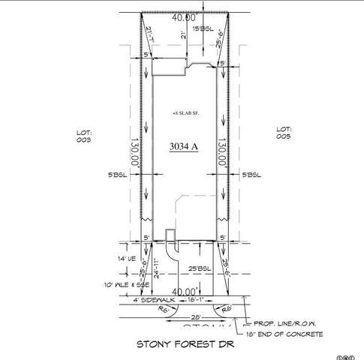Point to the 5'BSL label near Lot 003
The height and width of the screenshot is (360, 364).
point(119,174)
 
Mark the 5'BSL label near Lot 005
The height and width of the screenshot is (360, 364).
point(251,174)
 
